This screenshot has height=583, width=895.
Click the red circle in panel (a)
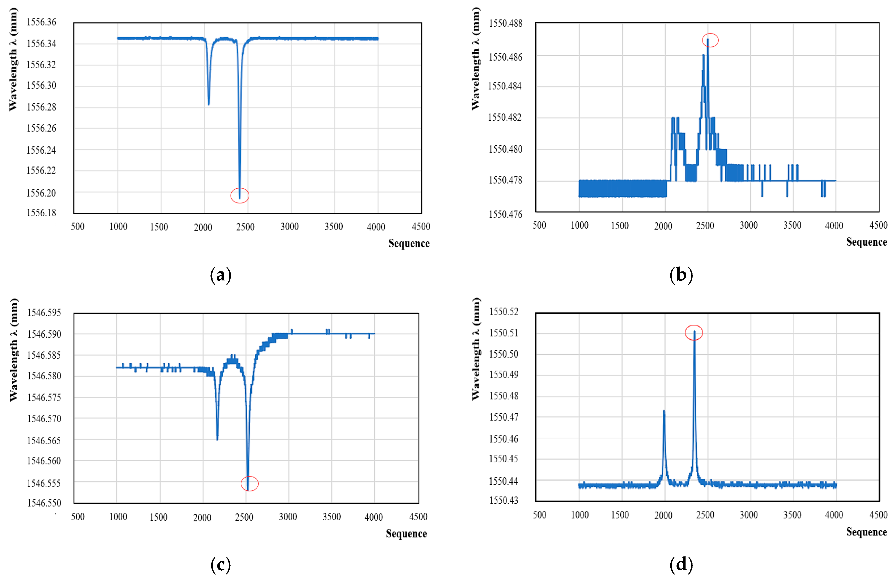pyautogui.click(x=240, y=196)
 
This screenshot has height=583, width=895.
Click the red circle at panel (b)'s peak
pyautogui.click(x=710, y=40)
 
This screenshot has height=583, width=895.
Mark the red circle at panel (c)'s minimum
pyautogui.click(x=249, y=484)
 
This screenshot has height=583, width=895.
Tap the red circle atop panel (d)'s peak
pyautogui.click(x=694, y=332)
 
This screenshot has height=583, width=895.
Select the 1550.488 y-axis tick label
pyautogui.click(x=505, y=23)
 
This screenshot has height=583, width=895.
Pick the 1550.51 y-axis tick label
pyautogui.click(x=503, y=333)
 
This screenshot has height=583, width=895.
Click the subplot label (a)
pyautogui.click(x=221, y=275)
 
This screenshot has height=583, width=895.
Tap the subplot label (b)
pyautogui.click(x=681, y=275)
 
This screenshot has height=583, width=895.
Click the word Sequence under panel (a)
pyautogui.click(x=409, y=243)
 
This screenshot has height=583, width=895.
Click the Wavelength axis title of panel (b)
pyautogui.click(x=476, y=59)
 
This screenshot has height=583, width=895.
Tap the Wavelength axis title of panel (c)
pyautogui.click(x=14, y=350)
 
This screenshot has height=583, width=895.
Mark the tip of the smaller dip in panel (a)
pyautogui.click(x=209, y=104)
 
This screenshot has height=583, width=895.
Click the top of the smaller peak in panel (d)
pyautogui.click(x=664, y=411)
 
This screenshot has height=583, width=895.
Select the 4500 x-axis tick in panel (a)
pyautogui.click(x=421, y=227)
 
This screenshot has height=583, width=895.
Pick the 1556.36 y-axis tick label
pyautogui.click(x=41, y=22)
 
